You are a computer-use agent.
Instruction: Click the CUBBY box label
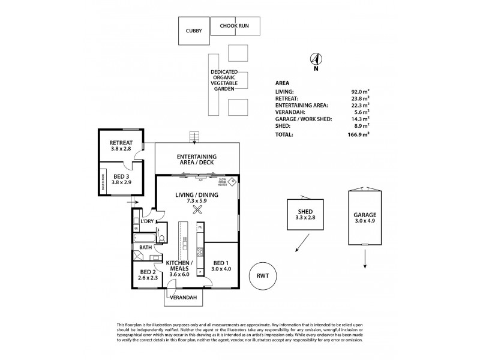194,31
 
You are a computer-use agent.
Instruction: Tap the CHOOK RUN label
235,26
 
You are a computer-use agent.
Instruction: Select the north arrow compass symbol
316,59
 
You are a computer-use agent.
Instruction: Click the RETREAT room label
121,143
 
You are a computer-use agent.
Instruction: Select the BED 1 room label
221,263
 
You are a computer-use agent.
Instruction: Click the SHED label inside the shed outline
305,212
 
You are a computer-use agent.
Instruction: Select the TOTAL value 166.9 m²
359,134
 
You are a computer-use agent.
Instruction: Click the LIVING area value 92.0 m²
359,92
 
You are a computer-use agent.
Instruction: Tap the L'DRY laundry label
148,221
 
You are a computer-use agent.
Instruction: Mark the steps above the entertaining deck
194,137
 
